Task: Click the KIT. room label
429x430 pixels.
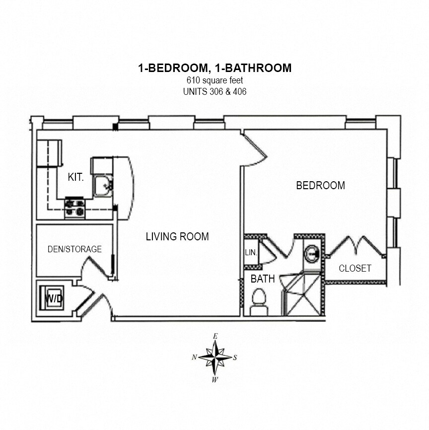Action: (x=75, y=177)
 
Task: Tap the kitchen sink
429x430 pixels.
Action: (x=103, y=186)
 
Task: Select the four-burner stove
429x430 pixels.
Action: (x=75, y=208)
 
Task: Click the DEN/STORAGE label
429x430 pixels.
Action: (x=74, y=249)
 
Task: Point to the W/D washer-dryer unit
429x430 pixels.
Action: (x=52, y=298)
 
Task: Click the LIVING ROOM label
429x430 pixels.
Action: (x=177, y=236)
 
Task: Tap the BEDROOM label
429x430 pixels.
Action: (x=320, y=185)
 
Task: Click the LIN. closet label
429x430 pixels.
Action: (x=251, y=252)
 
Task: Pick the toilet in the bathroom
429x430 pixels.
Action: (x=259, y=302)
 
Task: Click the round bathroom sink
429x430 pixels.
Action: (x=312, y=254)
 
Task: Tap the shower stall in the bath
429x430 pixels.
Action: (x=302, y=294)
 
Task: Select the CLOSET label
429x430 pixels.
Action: (x=355, y=268)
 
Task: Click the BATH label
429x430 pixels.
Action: (x=263, y=279)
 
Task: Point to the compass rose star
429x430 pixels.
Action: (x=215, y=358)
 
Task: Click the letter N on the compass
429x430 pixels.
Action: (x=194, y=357)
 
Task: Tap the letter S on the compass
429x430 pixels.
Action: (x=235, y=358)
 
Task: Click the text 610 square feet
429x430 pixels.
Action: (x=215, y=80)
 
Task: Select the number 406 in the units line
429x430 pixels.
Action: (x=240, y=91)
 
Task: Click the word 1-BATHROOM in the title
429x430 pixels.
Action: (x=253, y=68)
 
